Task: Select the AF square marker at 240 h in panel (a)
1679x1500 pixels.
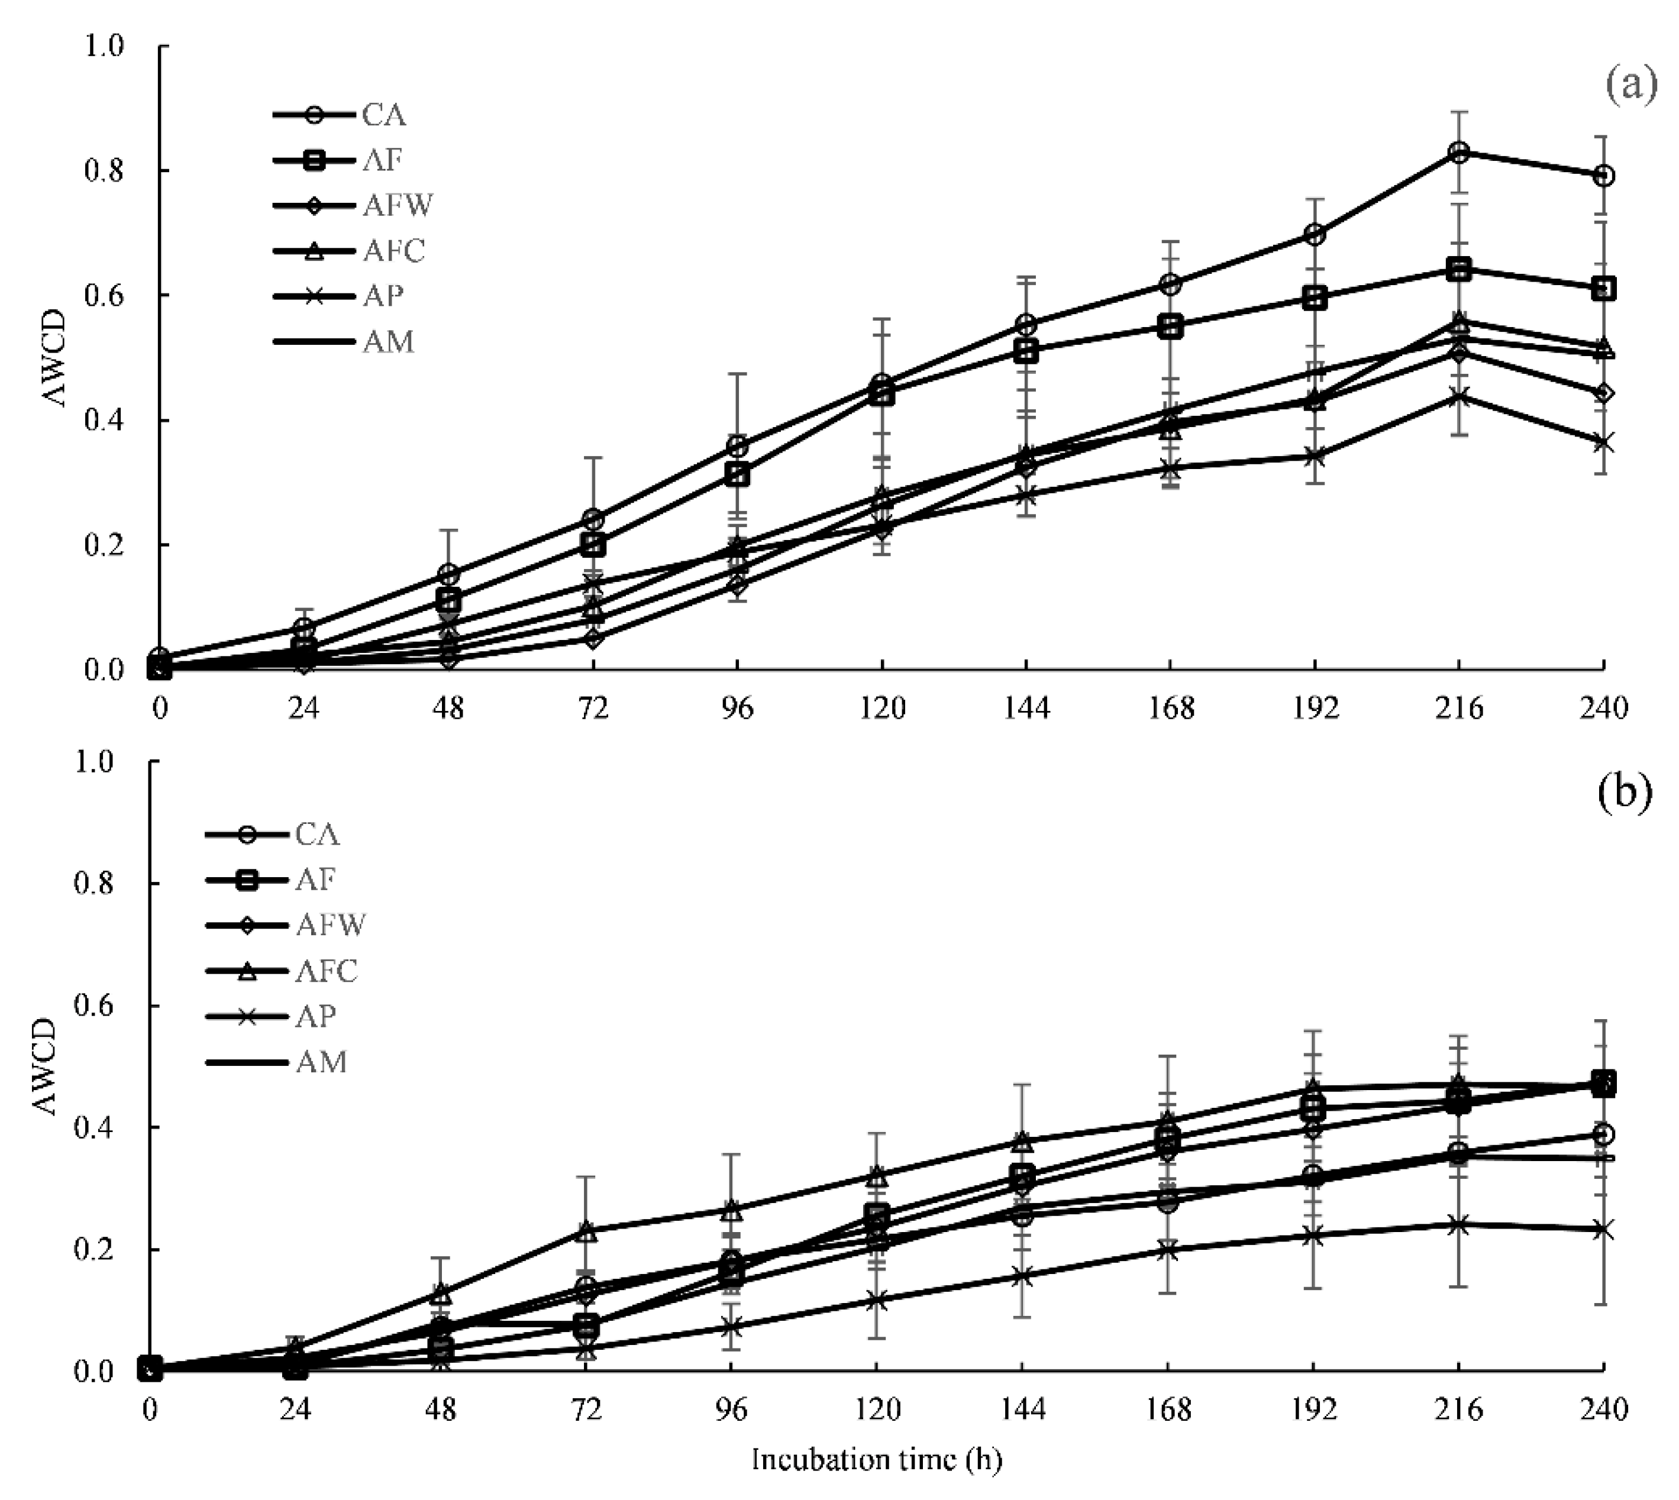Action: pyautogui.click(x=1603, y=289)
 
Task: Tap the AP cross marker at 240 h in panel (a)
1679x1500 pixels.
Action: pyautogui.click(x=1603, y=444)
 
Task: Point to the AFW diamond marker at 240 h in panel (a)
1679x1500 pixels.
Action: pyautogui.click(x=1603, y=393)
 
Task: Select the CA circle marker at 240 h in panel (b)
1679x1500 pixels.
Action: pyautogui.click(x=1603, y=1135)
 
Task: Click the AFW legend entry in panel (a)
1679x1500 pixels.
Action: pyautogui.click(x=354, y=205)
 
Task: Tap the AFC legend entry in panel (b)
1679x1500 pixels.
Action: pyautogui.click(x=285, y=971)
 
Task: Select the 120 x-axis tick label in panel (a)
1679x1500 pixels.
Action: pyautogui.click(x=882, y=708)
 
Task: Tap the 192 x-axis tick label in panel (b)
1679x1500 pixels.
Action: pyautogui.click(x=1314, y=1410)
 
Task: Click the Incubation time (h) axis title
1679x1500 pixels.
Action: pyautogui.click(x=876, y=1460)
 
